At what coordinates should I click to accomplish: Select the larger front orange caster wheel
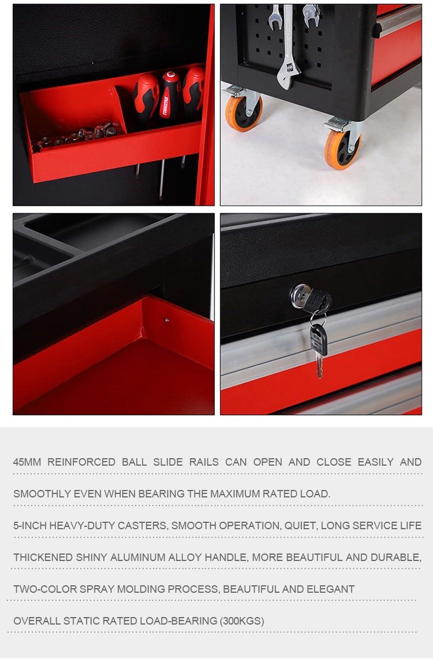click(x=343, y=150)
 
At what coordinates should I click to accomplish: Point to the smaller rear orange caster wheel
click(x=243, y=113)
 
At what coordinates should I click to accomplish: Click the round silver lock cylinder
click(x=300, y=295)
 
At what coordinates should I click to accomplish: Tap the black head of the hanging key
click(x=319, y=339)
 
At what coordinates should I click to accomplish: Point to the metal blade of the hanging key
click(x=319, y=367)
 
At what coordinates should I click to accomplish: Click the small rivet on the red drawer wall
click(x=166, y=320)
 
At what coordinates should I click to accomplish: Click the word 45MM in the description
click(x=27, y=462)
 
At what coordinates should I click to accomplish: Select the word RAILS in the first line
click(x=204, y=462)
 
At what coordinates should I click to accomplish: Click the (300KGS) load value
click(x=241, y=621)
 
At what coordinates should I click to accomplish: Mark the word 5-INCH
click(x=30, y=525)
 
